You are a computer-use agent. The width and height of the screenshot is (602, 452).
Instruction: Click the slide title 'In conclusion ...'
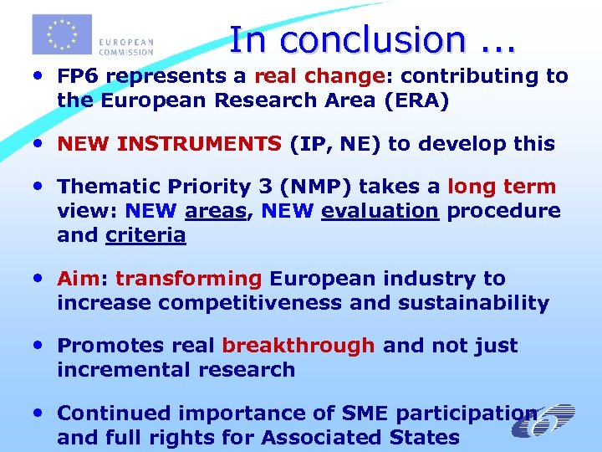pos(372,39)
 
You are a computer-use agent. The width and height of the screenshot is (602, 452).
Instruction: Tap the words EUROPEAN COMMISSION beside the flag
pos(126,45)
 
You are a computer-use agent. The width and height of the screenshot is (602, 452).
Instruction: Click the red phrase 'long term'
pos(502,187)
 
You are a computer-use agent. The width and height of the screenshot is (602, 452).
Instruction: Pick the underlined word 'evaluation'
pos(380,211)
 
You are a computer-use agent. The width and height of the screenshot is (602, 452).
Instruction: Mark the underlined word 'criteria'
pos(145,236)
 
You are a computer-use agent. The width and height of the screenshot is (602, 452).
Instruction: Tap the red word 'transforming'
pos(189,279)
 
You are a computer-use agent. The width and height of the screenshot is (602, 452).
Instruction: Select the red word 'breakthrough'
pos(298,346)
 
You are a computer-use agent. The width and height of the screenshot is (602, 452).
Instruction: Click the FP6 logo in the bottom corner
pos(543,423)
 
